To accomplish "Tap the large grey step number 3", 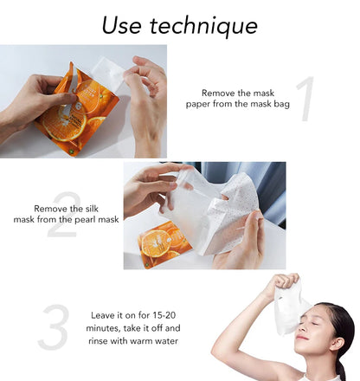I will tap(54, 328).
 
